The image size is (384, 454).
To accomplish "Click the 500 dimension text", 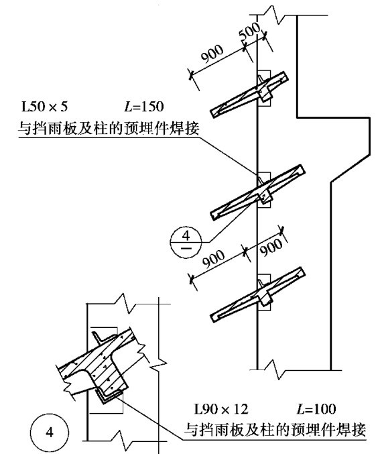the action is [250, 31].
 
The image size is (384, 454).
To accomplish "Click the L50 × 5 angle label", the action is [44, 107].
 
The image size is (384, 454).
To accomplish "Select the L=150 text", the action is [144, 107].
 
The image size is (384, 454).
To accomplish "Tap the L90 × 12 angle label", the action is [221, 409].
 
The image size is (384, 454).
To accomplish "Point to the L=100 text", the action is [316, 409].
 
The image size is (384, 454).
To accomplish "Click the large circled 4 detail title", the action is [50, 433].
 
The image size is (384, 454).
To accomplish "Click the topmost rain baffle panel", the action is [249, 95].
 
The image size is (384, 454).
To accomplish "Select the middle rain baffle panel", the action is [257, 192].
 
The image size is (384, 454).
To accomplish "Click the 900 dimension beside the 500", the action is [212, 54].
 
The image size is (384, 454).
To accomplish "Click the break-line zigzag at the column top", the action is [273, 15].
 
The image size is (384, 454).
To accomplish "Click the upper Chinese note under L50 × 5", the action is [109, 128].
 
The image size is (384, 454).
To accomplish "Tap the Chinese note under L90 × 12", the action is [275, 429].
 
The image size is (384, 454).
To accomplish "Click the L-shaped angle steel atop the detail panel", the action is [99, 337].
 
